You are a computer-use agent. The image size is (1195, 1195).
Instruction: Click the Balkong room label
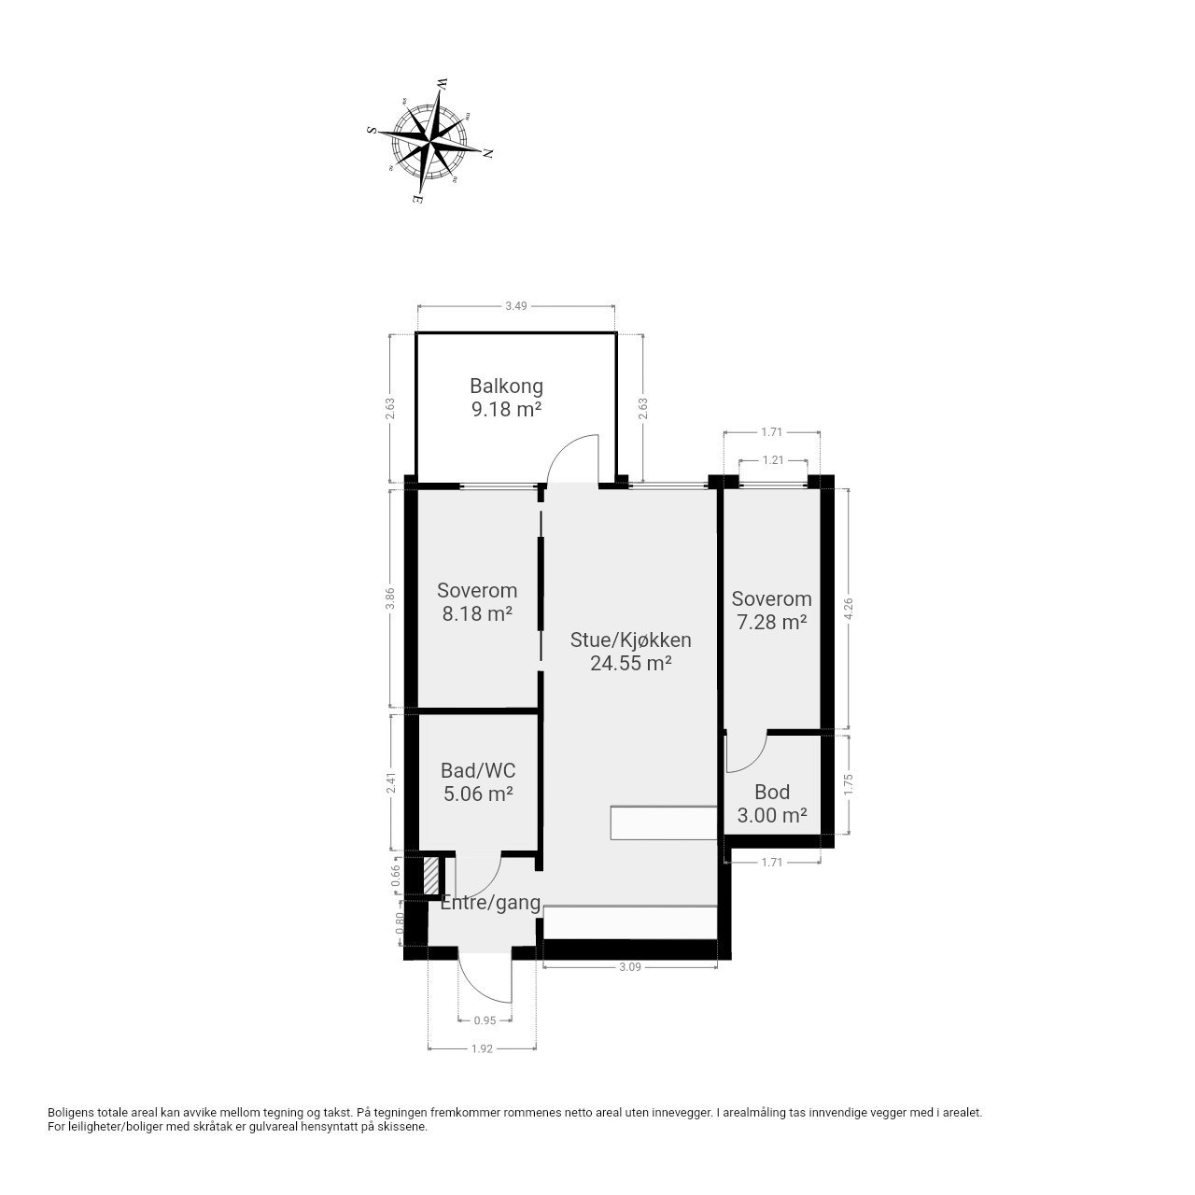click(x=506, y=387)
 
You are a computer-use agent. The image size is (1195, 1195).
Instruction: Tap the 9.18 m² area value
click(x=506, y=409)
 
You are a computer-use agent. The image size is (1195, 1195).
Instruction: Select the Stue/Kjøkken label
click(x=631, y=640)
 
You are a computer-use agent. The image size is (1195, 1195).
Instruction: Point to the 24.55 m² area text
click(x=631, y=664)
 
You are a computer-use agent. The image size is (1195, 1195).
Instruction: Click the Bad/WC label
click(x=477, y=771)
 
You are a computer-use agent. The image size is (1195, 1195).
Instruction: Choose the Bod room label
click(x=772, y=792)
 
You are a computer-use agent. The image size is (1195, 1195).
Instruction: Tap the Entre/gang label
click(x=490, y=903)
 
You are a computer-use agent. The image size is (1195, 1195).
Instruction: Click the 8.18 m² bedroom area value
click(x=477, y=614)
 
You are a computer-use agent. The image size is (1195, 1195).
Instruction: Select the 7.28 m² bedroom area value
click(x=771, y=622)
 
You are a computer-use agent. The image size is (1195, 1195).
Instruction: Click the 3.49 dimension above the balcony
click(x=516, y=305)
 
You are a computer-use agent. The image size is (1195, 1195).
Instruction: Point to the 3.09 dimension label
click(x=630, y=967)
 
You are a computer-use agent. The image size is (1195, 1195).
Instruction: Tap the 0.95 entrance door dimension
click(x=485, y=1020)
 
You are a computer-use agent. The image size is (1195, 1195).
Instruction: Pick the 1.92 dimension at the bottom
click(x=482, y=1048)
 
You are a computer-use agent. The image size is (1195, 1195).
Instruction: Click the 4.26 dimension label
click(x=849, y=609)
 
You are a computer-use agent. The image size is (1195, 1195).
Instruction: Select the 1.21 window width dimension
click(x=773, y=460)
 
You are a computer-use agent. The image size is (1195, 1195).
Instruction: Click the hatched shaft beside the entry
click(x=430, y=875)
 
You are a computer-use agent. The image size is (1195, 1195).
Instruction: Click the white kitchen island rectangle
click(x=664, y=822)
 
